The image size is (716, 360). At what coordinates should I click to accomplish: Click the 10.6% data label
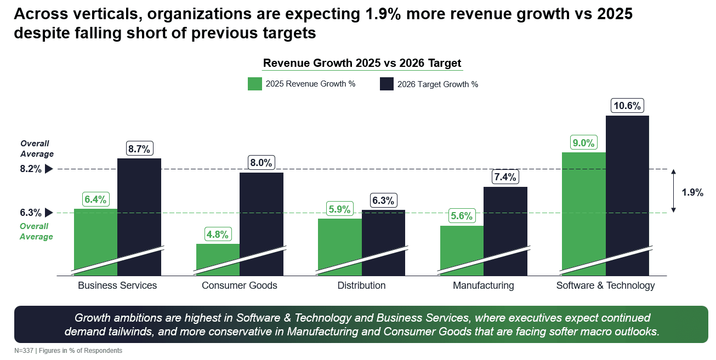pos(627,106)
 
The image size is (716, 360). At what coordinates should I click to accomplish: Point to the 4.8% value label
pos(218,234)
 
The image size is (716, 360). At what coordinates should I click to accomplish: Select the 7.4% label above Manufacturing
pos(505,177)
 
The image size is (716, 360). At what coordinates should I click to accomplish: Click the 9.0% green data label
pos(583,143)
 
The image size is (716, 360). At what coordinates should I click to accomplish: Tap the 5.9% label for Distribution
pos(339,209)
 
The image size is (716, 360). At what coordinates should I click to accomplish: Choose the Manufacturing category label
pos(483,285)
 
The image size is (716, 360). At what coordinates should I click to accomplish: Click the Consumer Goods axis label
pos(239,285)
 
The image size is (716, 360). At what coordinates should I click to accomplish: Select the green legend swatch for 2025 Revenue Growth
pos(254,84)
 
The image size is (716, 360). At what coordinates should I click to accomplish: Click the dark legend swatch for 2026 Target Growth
pos(387,84)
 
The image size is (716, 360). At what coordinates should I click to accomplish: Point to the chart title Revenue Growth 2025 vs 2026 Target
pos(362,63)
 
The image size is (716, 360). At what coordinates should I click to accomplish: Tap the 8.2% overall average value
pos(31,169)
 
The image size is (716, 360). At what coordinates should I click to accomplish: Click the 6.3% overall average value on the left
pos(31,213)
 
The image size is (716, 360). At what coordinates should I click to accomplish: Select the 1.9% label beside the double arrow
pos(692,192)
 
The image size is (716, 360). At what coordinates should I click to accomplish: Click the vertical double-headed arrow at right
pos(674,191)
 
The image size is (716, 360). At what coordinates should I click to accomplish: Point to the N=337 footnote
pos(68,351)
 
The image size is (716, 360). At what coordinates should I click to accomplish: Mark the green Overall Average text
pos(36,231)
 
